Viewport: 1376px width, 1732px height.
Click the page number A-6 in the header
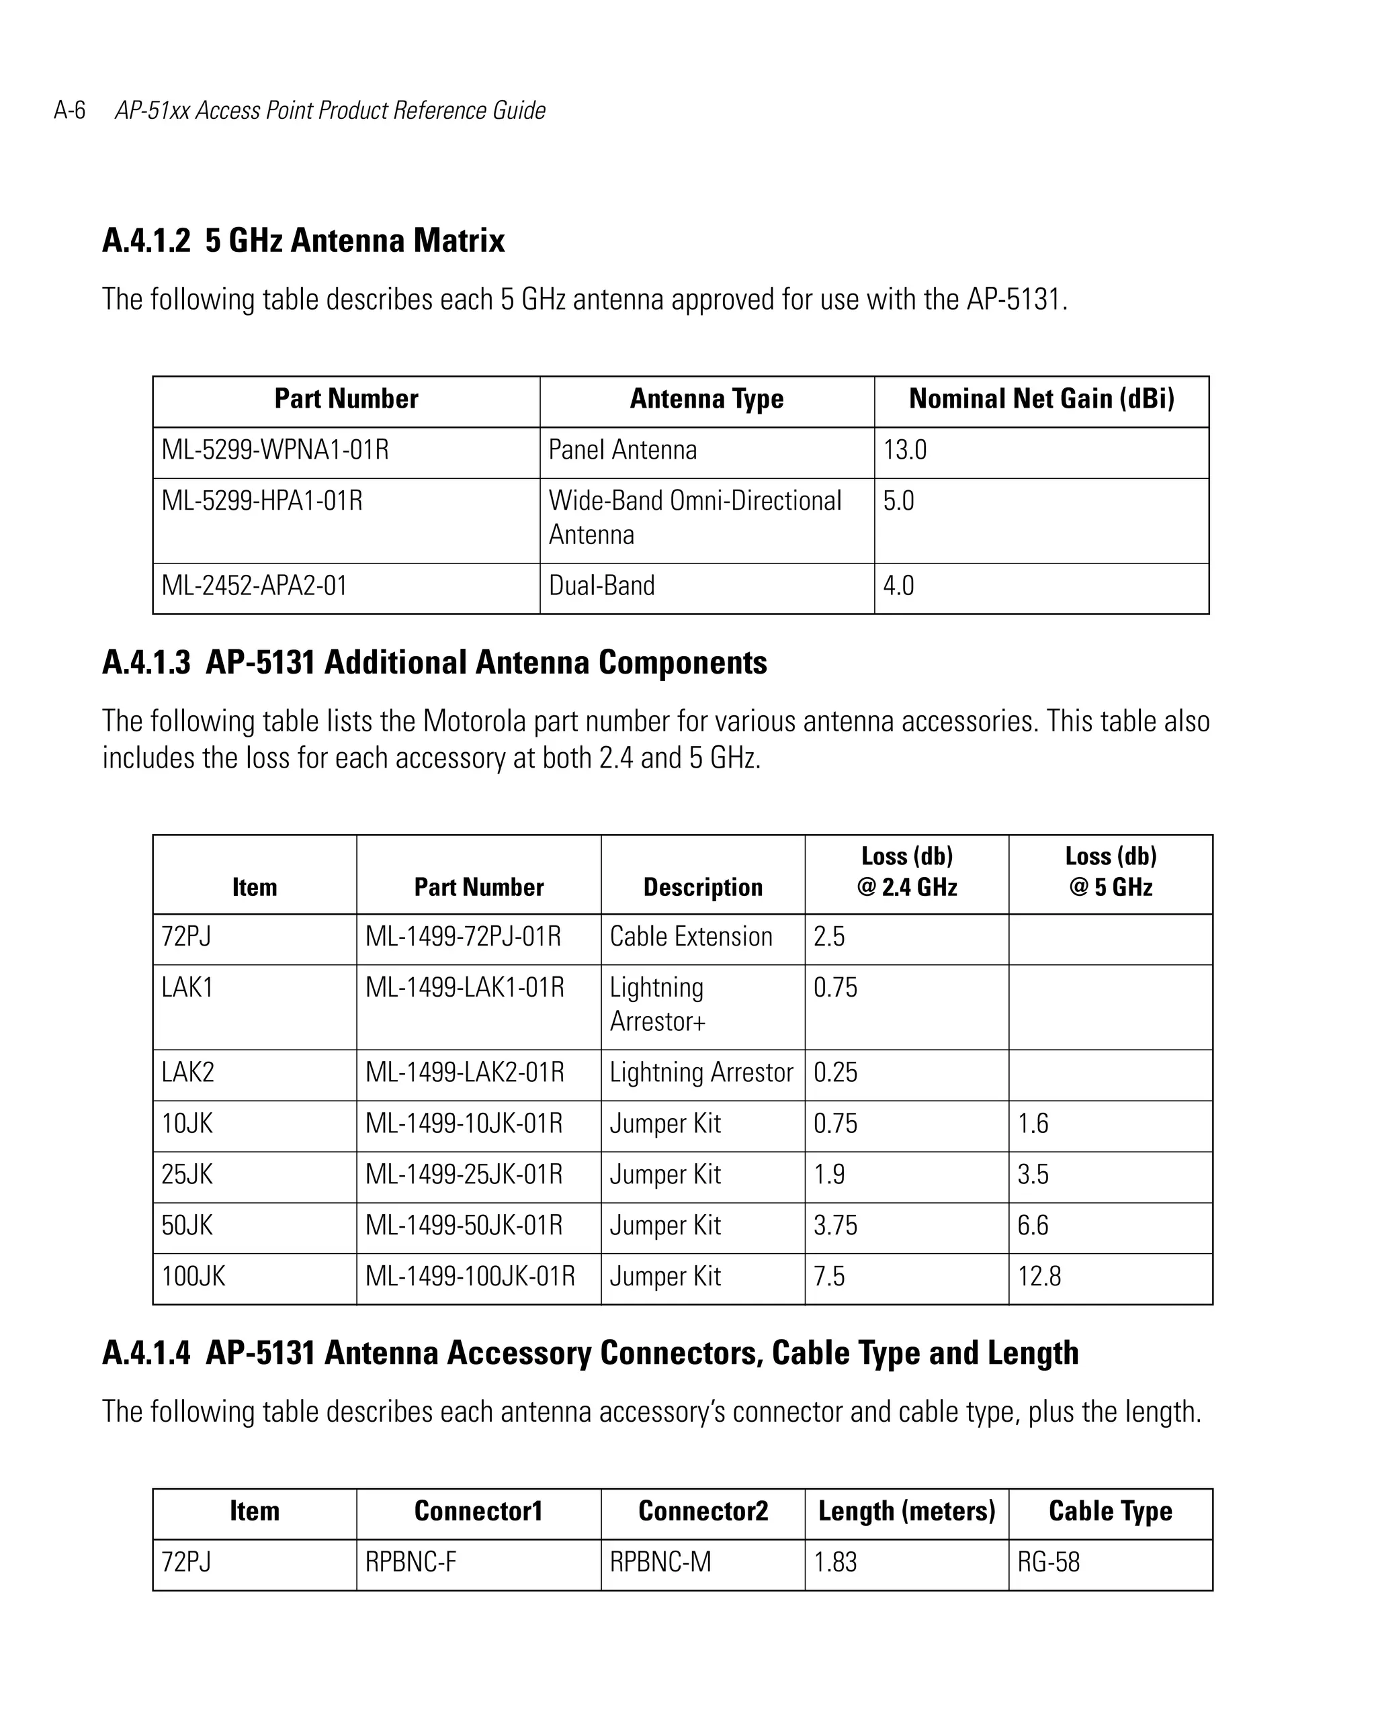[69, 110]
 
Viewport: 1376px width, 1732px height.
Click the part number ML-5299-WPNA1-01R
[275, 450]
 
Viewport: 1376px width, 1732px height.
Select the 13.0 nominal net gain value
[905, 450]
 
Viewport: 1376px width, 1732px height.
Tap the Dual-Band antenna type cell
[601, 586]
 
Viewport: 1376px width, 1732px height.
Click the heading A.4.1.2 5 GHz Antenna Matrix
[303, 240]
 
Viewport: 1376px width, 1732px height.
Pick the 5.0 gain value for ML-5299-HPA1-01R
[898, 501]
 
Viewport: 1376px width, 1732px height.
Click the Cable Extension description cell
[691, 937]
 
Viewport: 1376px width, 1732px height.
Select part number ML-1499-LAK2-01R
[464, 1073]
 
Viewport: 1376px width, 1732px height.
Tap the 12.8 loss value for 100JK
[1039, 1277]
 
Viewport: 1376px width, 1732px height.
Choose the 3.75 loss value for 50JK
[835, 1226]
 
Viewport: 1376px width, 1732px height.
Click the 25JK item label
[187, 1175]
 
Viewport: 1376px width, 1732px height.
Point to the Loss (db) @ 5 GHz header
[1110, 872]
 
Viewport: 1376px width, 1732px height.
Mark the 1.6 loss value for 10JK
[1033, 1124]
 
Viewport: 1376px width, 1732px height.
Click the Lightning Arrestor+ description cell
[656, 1004]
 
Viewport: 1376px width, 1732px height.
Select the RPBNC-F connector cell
[411, 1563]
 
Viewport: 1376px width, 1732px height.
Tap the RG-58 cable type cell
[1048, 1563]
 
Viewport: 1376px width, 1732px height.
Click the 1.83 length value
[835, 1563]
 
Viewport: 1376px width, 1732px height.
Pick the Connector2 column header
[703, 1511]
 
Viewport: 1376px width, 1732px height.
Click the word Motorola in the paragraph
[474, 721]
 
